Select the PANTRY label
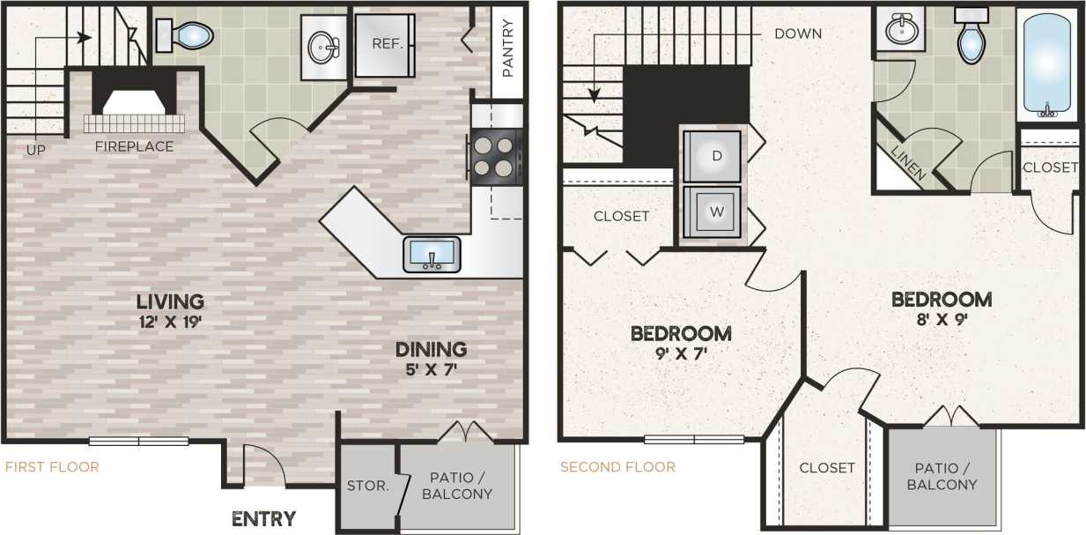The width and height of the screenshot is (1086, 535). [508, 49]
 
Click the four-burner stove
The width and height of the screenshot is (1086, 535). [495, 156]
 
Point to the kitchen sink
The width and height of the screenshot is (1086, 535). [432, 254]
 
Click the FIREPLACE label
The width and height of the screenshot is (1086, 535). [134, 146]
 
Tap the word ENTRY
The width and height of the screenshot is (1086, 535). [263, 518]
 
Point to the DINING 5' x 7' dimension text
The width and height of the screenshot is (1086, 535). [431, 370]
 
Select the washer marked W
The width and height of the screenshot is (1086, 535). [716, 212]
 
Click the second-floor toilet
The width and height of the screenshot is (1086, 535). [971, 39]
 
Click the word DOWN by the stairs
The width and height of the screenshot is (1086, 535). [798, 34]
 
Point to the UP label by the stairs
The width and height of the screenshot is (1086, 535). [35, 150]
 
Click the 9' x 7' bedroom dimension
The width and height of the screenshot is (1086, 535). [681, 355]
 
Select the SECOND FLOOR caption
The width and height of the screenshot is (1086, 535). [617, 467]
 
